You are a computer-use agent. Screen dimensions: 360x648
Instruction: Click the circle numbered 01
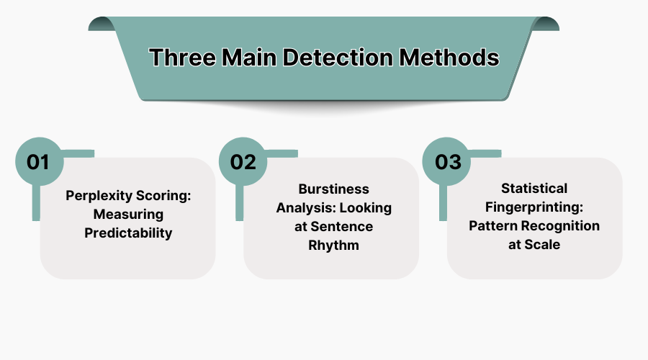pyautogui.click(x=37, y=162)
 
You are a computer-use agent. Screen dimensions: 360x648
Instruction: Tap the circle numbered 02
pyautogui.click(x=243, y=162)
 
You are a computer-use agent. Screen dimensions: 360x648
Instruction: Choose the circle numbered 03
pyautogui.click(x=447, y=162)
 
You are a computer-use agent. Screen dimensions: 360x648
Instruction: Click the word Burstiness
pyautogui.click(x=333, y=189)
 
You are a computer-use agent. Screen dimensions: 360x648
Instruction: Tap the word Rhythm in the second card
pyautogui.click(x=333, y=245)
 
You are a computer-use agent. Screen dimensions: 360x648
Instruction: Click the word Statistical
pyautogui.click(x=534, y=189)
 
